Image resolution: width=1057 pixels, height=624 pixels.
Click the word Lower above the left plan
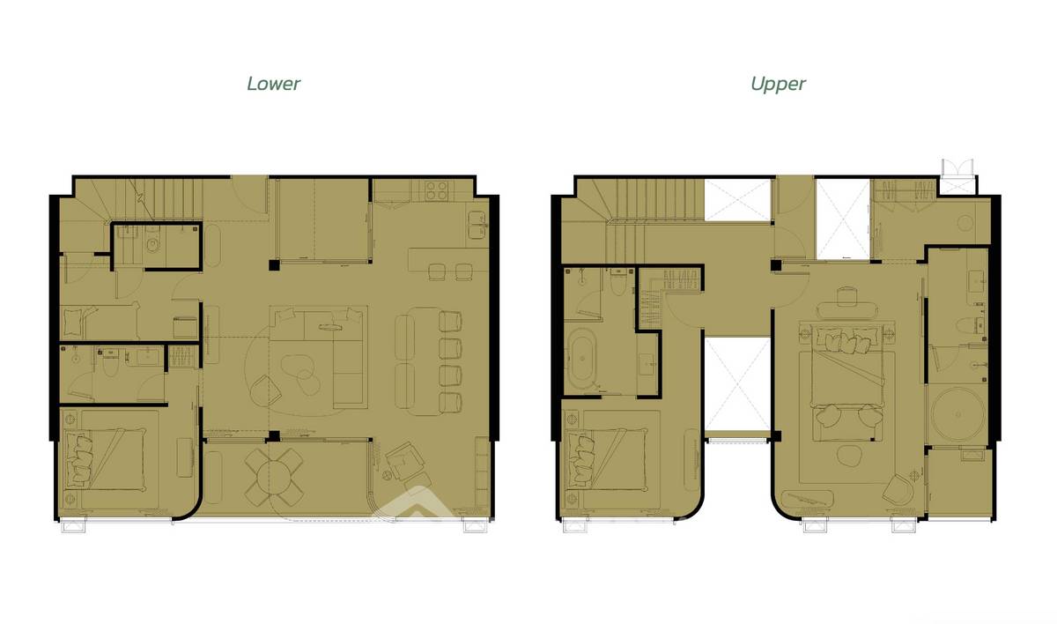pyautogui.click(x=273, y=84)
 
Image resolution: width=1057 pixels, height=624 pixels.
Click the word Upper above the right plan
pyautogui.click(x=778, y=84)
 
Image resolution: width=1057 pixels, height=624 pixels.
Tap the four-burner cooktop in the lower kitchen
pyautogui.click(x=437, y=190)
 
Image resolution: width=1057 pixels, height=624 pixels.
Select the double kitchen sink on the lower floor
pyautogui.click(x=477, y=225)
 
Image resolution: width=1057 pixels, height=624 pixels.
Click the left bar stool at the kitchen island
pyautogui.click(x=437, y=271)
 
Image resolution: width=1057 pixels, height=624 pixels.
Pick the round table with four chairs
pyautogui.click(x=273, y=477)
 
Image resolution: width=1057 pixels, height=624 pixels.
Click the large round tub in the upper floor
pyautogui.click(x=958, y=414)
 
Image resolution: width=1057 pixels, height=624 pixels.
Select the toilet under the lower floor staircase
pyautogui.click(x=152, y=243)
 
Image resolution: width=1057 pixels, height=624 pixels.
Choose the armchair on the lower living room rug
pyautogui.click(x=265, y=390)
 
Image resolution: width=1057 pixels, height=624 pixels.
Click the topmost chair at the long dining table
pyautogui.click(x=450, y=322)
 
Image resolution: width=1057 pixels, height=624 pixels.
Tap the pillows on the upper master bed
pyautogui.click(x=842, y=341)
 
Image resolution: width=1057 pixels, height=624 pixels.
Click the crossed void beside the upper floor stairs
pyautogui.click(x=737, y=199)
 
